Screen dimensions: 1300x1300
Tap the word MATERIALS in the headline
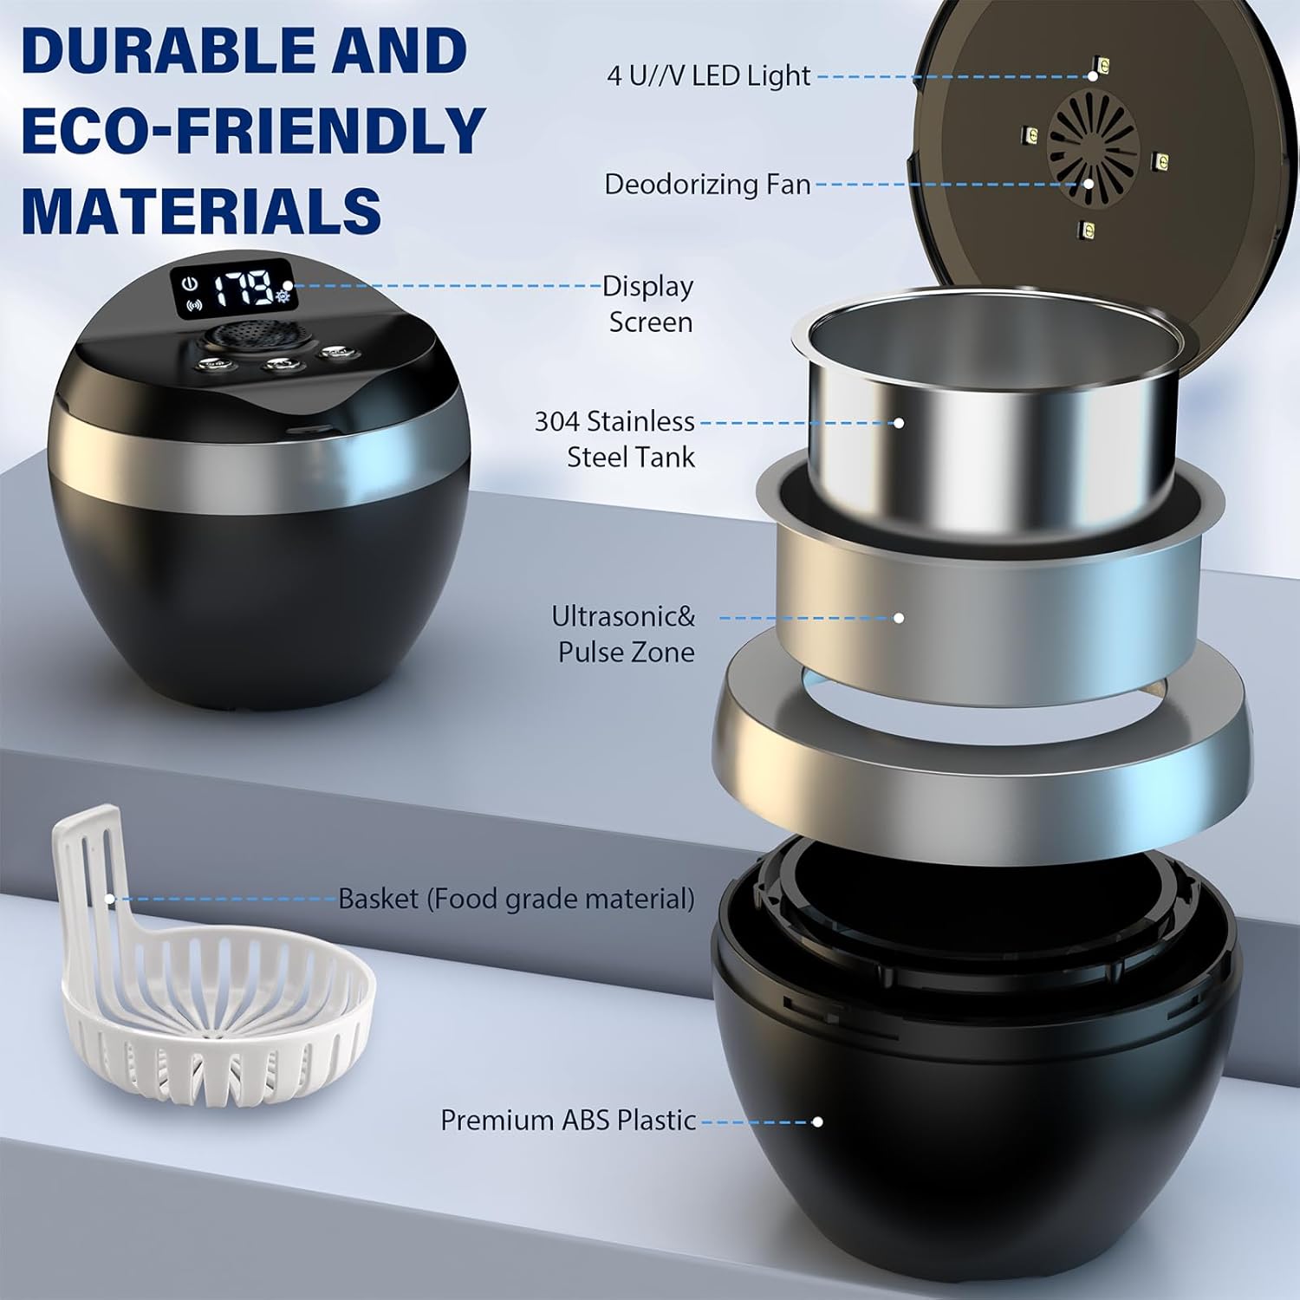pos(201,209)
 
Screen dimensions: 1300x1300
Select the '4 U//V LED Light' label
pos(709,76)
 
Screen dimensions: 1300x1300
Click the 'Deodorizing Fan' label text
pos(707,184)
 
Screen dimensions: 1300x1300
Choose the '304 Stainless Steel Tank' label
pos(614,439)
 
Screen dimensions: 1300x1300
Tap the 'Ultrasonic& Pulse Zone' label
pos(624,634)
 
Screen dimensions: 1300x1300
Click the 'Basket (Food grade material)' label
pos(517,899)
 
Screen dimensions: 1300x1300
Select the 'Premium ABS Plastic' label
pos(569,1120)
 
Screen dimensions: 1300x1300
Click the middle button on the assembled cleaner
pos(276,366)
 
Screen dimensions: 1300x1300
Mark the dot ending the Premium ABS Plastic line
pos(816,1121)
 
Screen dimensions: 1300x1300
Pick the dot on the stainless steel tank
pos(899,423)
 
